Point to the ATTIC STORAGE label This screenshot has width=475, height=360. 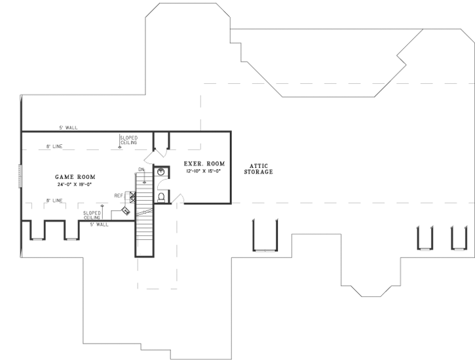258,169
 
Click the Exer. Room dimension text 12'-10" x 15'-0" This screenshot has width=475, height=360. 194,171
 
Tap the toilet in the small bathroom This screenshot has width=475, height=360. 161,197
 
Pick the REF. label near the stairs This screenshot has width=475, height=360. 119,195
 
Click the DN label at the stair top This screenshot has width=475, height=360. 141,170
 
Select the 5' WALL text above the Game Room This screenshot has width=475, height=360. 67,128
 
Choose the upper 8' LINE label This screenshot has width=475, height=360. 54,147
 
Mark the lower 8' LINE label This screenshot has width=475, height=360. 54,200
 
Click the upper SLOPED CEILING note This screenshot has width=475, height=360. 128,140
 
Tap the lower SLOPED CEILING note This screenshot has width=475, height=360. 92,214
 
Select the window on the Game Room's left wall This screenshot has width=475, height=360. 22,176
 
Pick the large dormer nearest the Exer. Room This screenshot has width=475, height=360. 265,236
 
